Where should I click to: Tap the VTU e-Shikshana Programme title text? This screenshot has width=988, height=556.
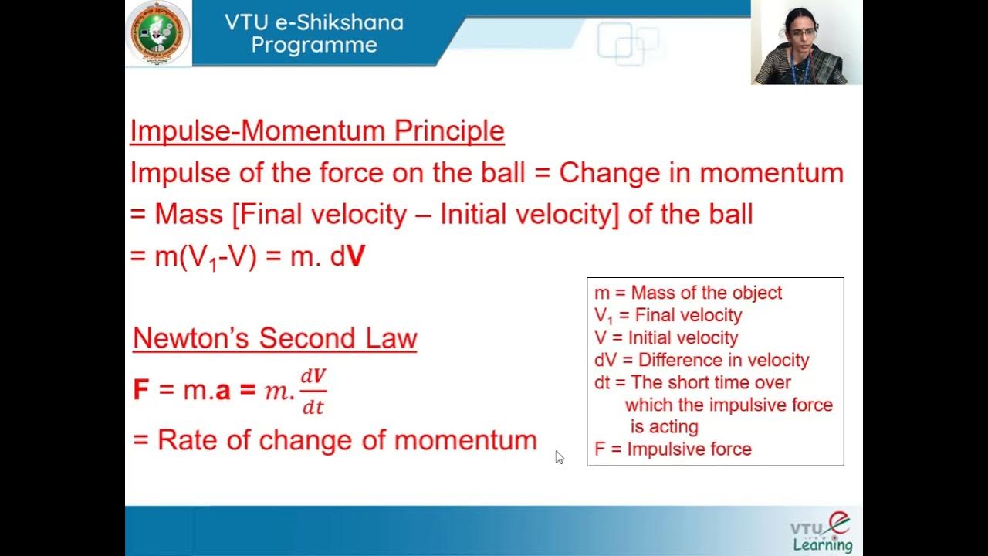(x=313, y=33)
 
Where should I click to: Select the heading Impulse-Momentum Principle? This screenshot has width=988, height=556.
(x=316, y=131)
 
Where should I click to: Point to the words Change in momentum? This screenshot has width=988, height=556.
(x=701, y=173)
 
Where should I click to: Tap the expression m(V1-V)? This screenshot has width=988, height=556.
(x=205, y=257)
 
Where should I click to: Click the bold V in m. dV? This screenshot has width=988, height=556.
(x=356, y=257)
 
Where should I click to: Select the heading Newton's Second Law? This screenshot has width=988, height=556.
(x=275, y=338)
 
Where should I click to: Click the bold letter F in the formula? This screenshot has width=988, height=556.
(x=140, y=390)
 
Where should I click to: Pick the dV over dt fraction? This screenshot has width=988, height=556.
(x=313, y=391)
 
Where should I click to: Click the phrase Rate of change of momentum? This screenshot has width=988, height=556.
(x=347, y=440)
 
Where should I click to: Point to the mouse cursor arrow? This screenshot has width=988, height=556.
(x=560, y=457)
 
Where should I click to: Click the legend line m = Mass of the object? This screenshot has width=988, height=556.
(x=688, y=293)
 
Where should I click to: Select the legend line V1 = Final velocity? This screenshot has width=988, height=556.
(x=668, y=315)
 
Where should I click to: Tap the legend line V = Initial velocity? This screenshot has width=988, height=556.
(x=666, y=337)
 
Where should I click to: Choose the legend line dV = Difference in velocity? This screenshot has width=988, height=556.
(x=702, y=360)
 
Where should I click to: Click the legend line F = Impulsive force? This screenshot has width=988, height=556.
(x=672, y=449)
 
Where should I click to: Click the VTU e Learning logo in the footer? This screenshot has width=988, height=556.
(x=821, y=534)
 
